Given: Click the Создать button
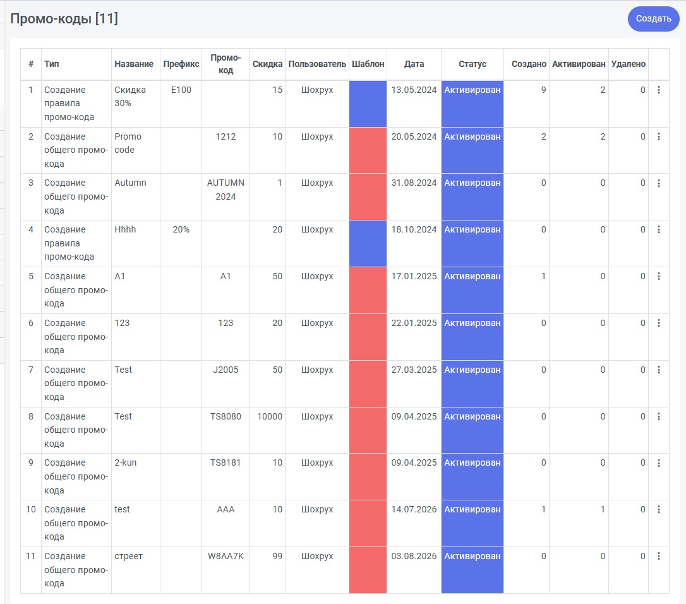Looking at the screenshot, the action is [653, 19].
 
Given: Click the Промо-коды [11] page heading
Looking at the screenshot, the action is [64, 19].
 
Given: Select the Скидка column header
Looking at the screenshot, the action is [267, 64].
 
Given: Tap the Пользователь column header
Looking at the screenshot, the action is [317, 64].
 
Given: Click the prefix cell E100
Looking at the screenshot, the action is [181, 90].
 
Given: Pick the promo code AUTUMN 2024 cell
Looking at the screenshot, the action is [226, 190].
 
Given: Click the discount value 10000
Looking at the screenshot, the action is [270, 416].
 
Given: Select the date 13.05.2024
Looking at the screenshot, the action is [414, 90].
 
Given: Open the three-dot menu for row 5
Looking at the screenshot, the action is [658, 276].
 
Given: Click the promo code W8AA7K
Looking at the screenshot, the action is [226, 556].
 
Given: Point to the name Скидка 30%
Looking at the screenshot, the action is [130, 96].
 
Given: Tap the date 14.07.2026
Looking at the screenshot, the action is [414, 509].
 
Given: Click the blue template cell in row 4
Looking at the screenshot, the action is [368, 243].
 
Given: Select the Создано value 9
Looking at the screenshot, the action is [543, 90].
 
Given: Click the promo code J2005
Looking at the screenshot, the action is [226, 370].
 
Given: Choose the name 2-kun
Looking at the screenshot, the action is [126, 462].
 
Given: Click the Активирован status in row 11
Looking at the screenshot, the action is [472, 556].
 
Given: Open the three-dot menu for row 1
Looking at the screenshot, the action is [658, 90].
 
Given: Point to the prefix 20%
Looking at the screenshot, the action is [181, 229].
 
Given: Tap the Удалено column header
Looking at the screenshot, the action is [629, 64].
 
